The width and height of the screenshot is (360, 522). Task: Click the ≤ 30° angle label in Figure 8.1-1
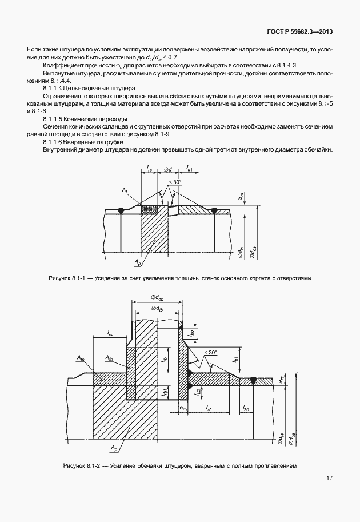point(175,182)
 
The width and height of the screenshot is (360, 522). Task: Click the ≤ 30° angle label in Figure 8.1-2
point(210,353)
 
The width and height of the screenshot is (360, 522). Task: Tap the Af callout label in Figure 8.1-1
point(125,189)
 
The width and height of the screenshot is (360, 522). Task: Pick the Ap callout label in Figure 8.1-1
point(138,262)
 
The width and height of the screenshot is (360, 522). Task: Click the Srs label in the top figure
point(242,196)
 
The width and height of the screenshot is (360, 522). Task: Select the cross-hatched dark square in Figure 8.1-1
point(149,210)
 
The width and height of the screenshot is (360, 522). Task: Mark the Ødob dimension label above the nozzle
point(157,297)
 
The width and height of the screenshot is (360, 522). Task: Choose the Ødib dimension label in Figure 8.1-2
point(157,308)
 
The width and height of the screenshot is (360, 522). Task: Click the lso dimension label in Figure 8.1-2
point(245,408)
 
